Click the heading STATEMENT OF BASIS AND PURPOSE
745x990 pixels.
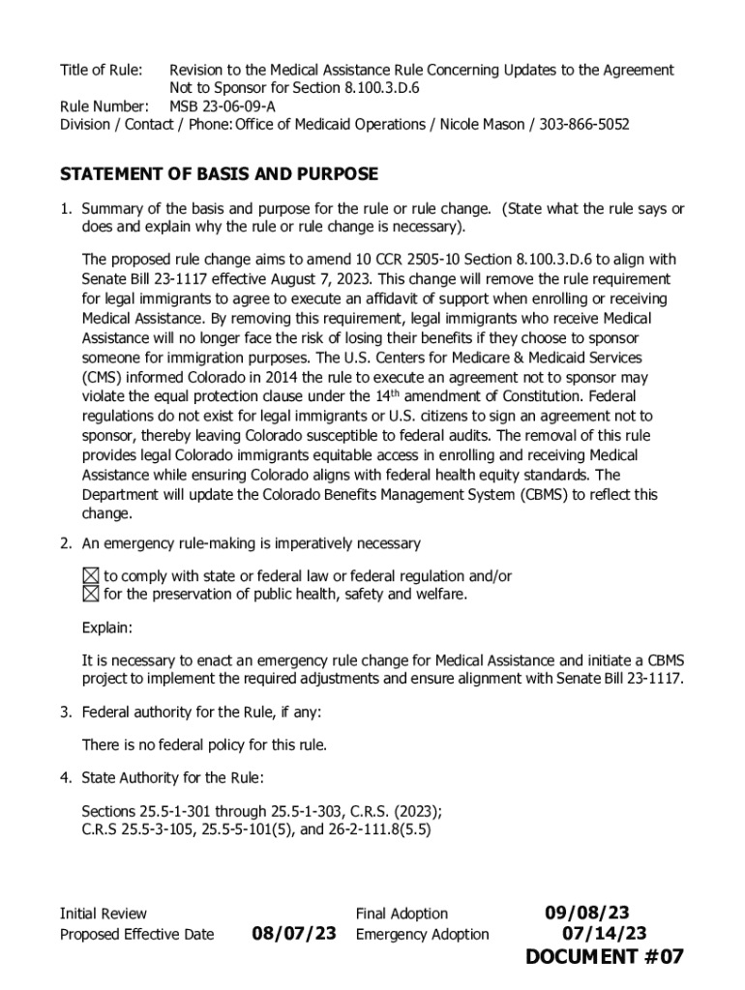[219, 175]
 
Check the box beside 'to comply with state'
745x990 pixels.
[90, 576]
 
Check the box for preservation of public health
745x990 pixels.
[90, 594]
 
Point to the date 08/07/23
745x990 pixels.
[294, 934]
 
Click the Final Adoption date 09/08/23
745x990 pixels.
[586, 914]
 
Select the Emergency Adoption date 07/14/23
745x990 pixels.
[605, 934]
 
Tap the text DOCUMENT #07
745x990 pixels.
[605, 957]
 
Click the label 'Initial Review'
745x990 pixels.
[104, 914]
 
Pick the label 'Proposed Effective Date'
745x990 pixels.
[136, 935]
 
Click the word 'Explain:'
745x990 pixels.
[106, 628]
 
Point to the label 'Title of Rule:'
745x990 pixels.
[102, 71]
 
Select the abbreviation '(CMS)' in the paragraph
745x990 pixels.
[104, 377]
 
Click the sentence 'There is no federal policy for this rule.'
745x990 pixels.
[204, 745]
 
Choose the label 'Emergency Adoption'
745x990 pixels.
[422, 935]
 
